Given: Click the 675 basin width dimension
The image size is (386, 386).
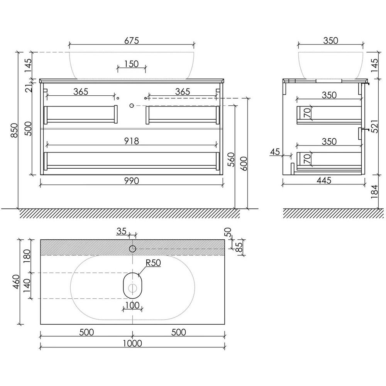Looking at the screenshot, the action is click(132, 41).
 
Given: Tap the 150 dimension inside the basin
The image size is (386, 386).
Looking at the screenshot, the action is click(132, 64).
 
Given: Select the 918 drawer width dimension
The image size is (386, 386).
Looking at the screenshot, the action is click(132, 141).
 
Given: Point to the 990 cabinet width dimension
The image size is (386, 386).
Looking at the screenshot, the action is click(132, 181).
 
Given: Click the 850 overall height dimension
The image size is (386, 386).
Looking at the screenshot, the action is click(15, 130).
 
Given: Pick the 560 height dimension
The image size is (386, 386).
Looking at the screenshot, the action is click(231, 159).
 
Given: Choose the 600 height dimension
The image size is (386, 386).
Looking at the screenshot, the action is click(244, 164).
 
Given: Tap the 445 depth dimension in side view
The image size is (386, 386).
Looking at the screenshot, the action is click(324, 180).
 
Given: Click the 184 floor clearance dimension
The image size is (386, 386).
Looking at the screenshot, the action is click(374, 192).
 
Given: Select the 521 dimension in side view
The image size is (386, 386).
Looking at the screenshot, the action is click(374, 127).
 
